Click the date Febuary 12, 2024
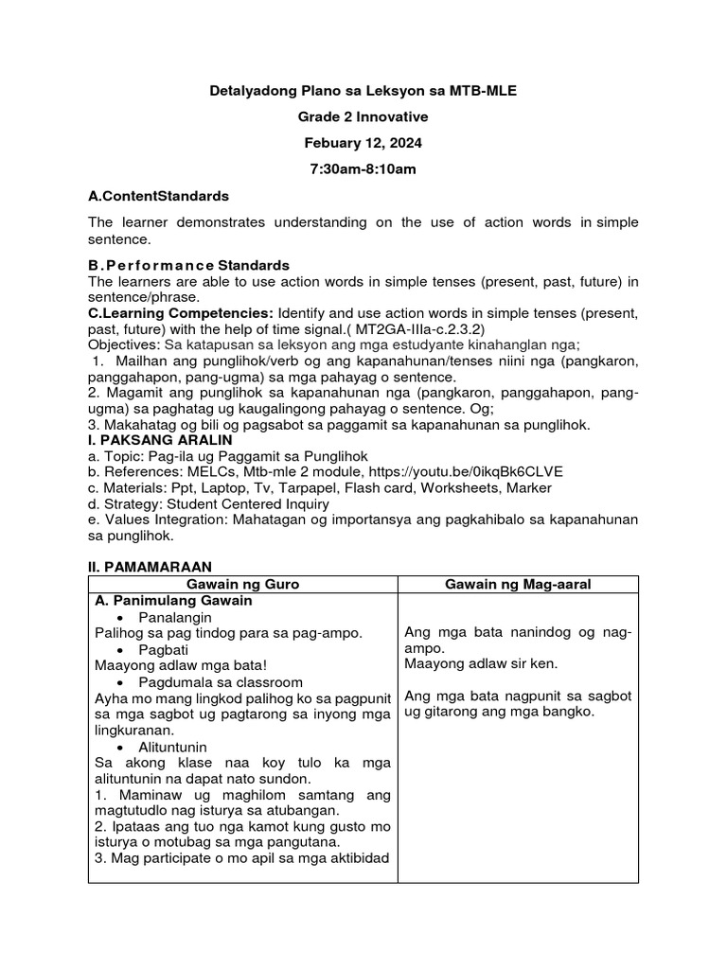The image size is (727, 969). (x=363, y=144)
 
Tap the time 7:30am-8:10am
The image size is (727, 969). (x=363, y=170)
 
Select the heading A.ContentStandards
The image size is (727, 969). (x=158, y=197)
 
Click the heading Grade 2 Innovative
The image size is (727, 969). (x=363, y=117)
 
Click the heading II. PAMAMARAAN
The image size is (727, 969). (x=144, y=566)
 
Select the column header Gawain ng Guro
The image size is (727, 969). (x=242, y=585)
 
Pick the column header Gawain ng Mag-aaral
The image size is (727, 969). (x=517, y=585)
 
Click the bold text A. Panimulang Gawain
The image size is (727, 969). (x=173, y=601)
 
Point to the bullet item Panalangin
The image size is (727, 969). (x=175, y=617)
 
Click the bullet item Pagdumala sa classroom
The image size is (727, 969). (x=220, y=681)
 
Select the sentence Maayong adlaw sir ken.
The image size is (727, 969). (x=480, y=664)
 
